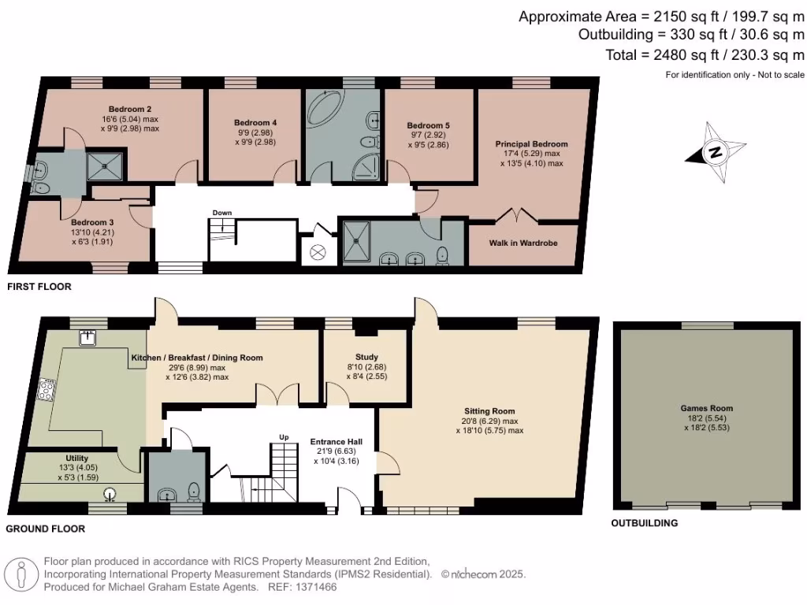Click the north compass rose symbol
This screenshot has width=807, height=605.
pos(715,153)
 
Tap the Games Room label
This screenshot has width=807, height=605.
pos(706,408)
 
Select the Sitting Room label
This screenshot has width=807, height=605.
pos(489,411)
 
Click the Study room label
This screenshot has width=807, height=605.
pos(366,356)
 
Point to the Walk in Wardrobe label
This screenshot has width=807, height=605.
pos(524,243)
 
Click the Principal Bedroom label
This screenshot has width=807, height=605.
pos(531,144)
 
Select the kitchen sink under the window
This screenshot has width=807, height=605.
pos(87,338)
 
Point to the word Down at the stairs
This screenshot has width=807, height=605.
pos(221,213)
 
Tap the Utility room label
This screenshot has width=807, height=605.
pos(76,458)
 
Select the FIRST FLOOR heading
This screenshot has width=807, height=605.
pos(39,288)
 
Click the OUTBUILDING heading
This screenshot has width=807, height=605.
pos(645,523)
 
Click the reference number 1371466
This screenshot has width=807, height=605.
pos(314,588)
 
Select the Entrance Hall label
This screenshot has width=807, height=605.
pos(334,441)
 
